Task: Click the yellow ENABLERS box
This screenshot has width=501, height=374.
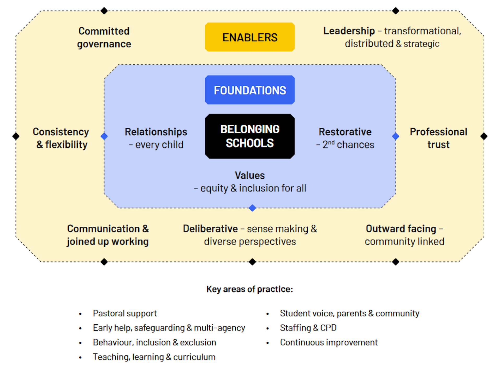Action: pos(250,37)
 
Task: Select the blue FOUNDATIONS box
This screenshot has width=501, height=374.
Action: pos(250,90)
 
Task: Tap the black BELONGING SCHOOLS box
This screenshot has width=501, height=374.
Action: pos(250,136)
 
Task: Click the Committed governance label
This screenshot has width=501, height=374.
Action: pos(104,38)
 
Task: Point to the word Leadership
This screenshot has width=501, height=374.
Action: pos(349,31)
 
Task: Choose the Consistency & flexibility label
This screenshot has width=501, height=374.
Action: pos(61,138)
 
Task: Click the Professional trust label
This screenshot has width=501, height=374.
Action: pos(438,138)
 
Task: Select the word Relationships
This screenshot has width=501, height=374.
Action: pos(156,132)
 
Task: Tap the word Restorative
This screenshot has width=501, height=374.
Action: pos(345,132)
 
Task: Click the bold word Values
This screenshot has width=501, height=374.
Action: pos(250,175)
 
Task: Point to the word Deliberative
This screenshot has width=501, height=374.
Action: pos(210,228)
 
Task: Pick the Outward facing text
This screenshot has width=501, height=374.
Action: pos(401,228)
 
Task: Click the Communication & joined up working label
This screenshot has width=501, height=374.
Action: pos(108,235)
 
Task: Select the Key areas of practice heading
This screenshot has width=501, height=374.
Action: pos(250,289)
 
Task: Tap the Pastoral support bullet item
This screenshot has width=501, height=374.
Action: pos(125,313)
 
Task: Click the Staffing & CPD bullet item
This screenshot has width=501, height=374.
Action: pos(308,328)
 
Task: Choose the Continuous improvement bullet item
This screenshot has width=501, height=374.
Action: pos(329,342)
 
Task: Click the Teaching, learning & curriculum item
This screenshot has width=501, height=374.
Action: pos(154,357)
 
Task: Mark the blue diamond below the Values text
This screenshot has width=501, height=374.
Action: pos(252,208)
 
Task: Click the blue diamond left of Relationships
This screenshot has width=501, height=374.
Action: pos(104,136)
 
